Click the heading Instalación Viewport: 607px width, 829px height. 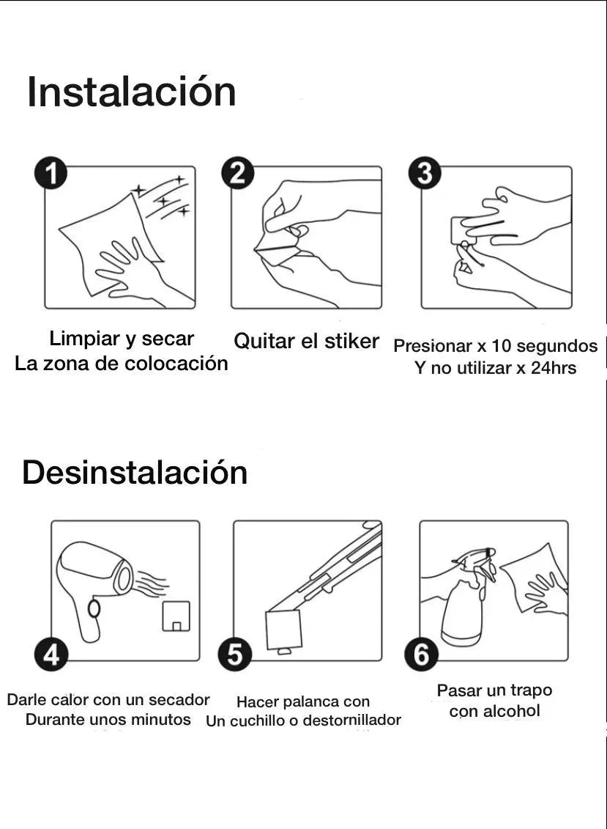(x=131, y=92)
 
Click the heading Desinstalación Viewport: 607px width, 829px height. (x=135, y=472)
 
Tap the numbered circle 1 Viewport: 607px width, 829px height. (x=51, y=174)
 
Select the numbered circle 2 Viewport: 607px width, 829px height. (x=237, y=174)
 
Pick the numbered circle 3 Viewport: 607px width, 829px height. (x=425, y=174)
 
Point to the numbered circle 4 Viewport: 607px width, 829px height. (x=51, y=655)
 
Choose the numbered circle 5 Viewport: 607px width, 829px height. (x=234, y=655)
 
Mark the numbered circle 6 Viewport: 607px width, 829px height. (x=421, y=655)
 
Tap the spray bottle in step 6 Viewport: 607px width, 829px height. (x=468, y=597)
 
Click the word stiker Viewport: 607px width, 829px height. (x=351, y=341)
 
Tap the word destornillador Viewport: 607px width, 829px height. (x=352, y=720)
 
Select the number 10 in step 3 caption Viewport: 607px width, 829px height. (x=502, y=346)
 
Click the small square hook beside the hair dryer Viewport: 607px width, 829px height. (x=176, y=616)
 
